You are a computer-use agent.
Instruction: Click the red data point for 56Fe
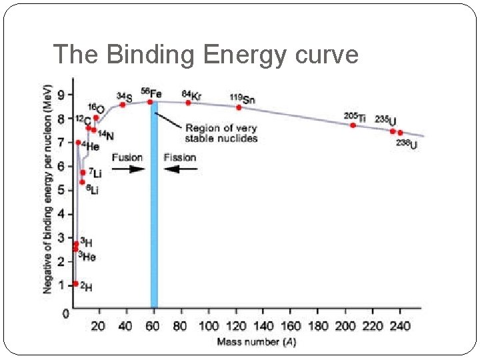tap(150, 102)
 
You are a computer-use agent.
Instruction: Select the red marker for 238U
tap(400, 133)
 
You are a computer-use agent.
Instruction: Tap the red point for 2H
tap(75, 284)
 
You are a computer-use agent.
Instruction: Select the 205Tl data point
tap(353, 125)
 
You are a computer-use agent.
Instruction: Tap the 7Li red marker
tap(83, 172)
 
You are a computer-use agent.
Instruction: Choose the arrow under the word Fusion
tap(128, 169)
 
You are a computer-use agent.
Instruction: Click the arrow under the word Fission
tap(181, 169)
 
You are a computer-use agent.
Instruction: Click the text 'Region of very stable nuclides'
tap(221, 133)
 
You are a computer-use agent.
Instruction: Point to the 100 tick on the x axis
tap(209, 326)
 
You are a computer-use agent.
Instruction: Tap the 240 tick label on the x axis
tap(400, 326)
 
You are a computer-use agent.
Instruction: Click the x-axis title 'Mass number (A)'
tap(257, 343)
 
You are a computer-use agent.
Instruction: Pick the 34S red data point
tap(123, 105)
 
